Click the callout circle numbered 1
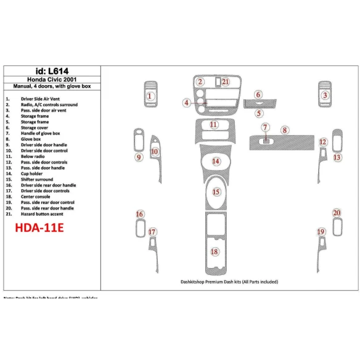point(150,96)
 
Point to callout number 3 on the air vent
point(324,95)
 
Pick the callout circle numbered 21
point(226,81)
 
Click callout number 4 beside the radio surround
point(186,103)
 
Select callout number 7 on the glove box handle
point(265,127)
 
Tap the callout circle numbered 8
point(284,130)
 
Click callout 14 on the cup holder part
point(216,162)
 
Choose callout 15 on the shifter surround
point(216,192)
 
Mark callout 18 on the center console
point(215,252)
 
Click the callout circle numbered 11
point(213,125)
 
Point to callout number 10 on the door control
point(155,151)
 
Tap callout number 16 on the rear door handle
point(140,215)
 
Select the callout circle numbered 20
point(337,213)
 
